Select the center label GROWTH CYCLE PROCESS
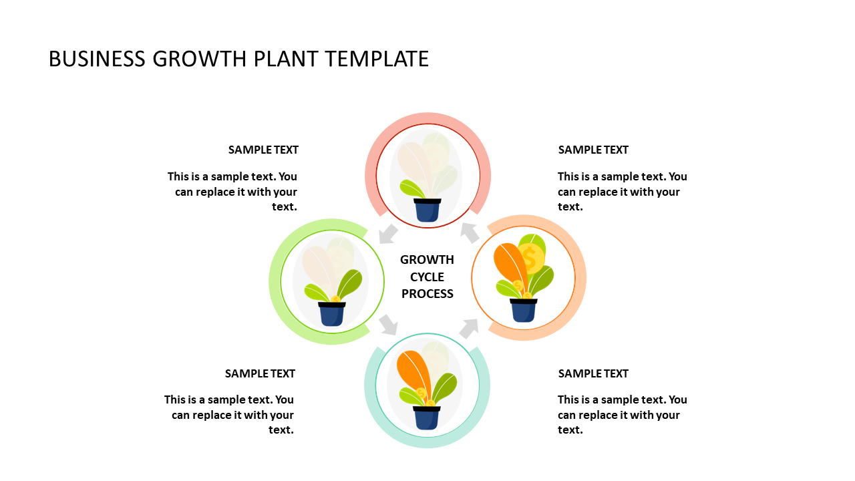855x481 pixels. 427,277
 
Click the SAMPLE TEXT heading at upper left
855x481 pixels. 263,150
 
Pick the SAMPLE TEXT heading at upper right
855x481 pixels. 593,150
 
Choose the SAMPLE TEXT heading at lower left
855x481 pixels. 260,373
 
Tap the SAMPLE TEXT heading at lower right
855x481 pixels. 593,373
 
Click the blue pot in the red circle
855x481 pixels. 427,210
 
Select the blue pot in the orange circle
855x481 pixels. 523,311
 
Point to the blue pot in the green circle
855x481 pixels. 332,314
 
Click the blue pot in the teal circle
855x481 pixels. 427,418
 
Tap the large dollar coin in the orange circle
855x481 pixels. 531,259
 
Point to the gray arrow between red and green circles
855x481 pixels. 388,234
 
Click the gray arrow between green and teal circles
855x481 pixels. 388,325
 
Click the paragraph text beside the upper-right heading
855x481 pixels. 622,192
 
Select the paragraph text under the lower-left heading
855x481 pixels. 229,415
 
